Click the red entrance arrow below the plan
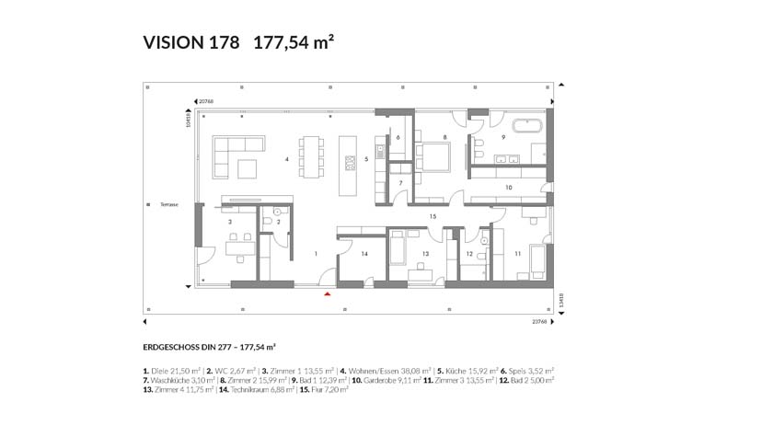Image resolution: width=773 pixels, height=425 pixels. pyautogui.click(x=327, y=293)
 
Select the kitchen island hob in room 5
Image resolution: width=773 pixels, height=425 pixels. pyautogui.click(x=351, y=164)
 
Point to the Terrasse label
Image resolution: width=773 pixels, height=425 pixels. pyautogui.click(x=167, y=204)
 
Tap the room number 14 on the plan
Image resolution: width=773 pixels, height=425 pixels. pyautogui.click(x=364, y=253)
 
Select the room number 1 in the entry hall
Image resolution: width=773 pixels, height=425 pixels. pyautogui.click(x=315, y=252)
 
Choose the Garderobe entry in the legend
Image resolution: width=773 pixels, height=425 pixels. pyautogui.click(x=380, y=380)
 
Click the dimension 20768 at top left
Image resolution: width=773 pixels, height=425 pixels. pyautogui.click(x=205, y=100)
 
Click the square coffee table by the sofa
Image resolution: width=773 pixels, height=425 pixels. pyautogui.click(x=248, y=168)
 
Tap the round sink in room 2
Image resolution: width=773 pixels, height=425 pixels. pyautogui.click(x=276, y=211)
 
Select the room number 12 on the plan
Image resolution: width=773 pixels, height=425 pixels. pyautogui.click(x=469, y=253)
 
